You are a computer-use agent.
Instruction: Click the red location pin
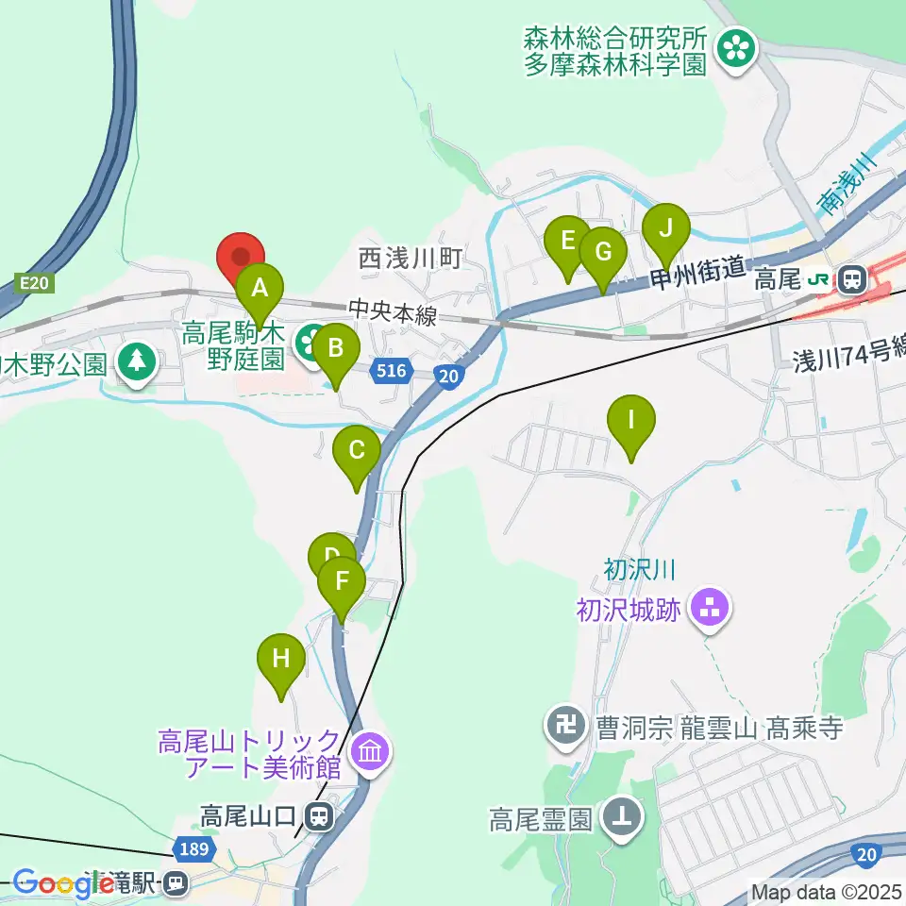(x=241, y=258)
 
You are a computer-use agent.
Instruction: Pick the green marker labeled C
(x=357, y=451)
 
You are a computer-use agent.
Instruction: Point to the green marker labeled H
(x=281, y=660)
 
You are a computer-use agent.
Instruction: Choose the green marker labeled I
(x=631, y=421)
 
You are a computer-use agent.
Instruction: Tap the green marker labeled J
(x=666, y=230)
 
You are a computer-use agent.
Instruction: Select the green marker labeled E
(x=568, y=242)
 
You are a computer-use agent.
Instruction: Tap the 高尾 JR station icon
(x=851, y=278)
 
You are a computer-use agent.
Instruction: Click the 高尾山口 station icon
(x=322, y=814)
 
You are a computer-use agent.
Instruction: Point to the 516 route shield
(x=391, y=371)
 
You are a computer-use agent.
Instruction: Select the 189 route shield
(x=193, y=848)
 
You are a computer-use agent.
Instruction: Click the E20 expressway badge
(x=31, y=281)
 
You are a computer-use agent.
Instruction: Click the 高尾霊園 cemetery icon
(x=621, y=817)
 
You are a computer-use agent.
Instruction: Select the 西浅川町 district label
(x=411, y=258)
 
